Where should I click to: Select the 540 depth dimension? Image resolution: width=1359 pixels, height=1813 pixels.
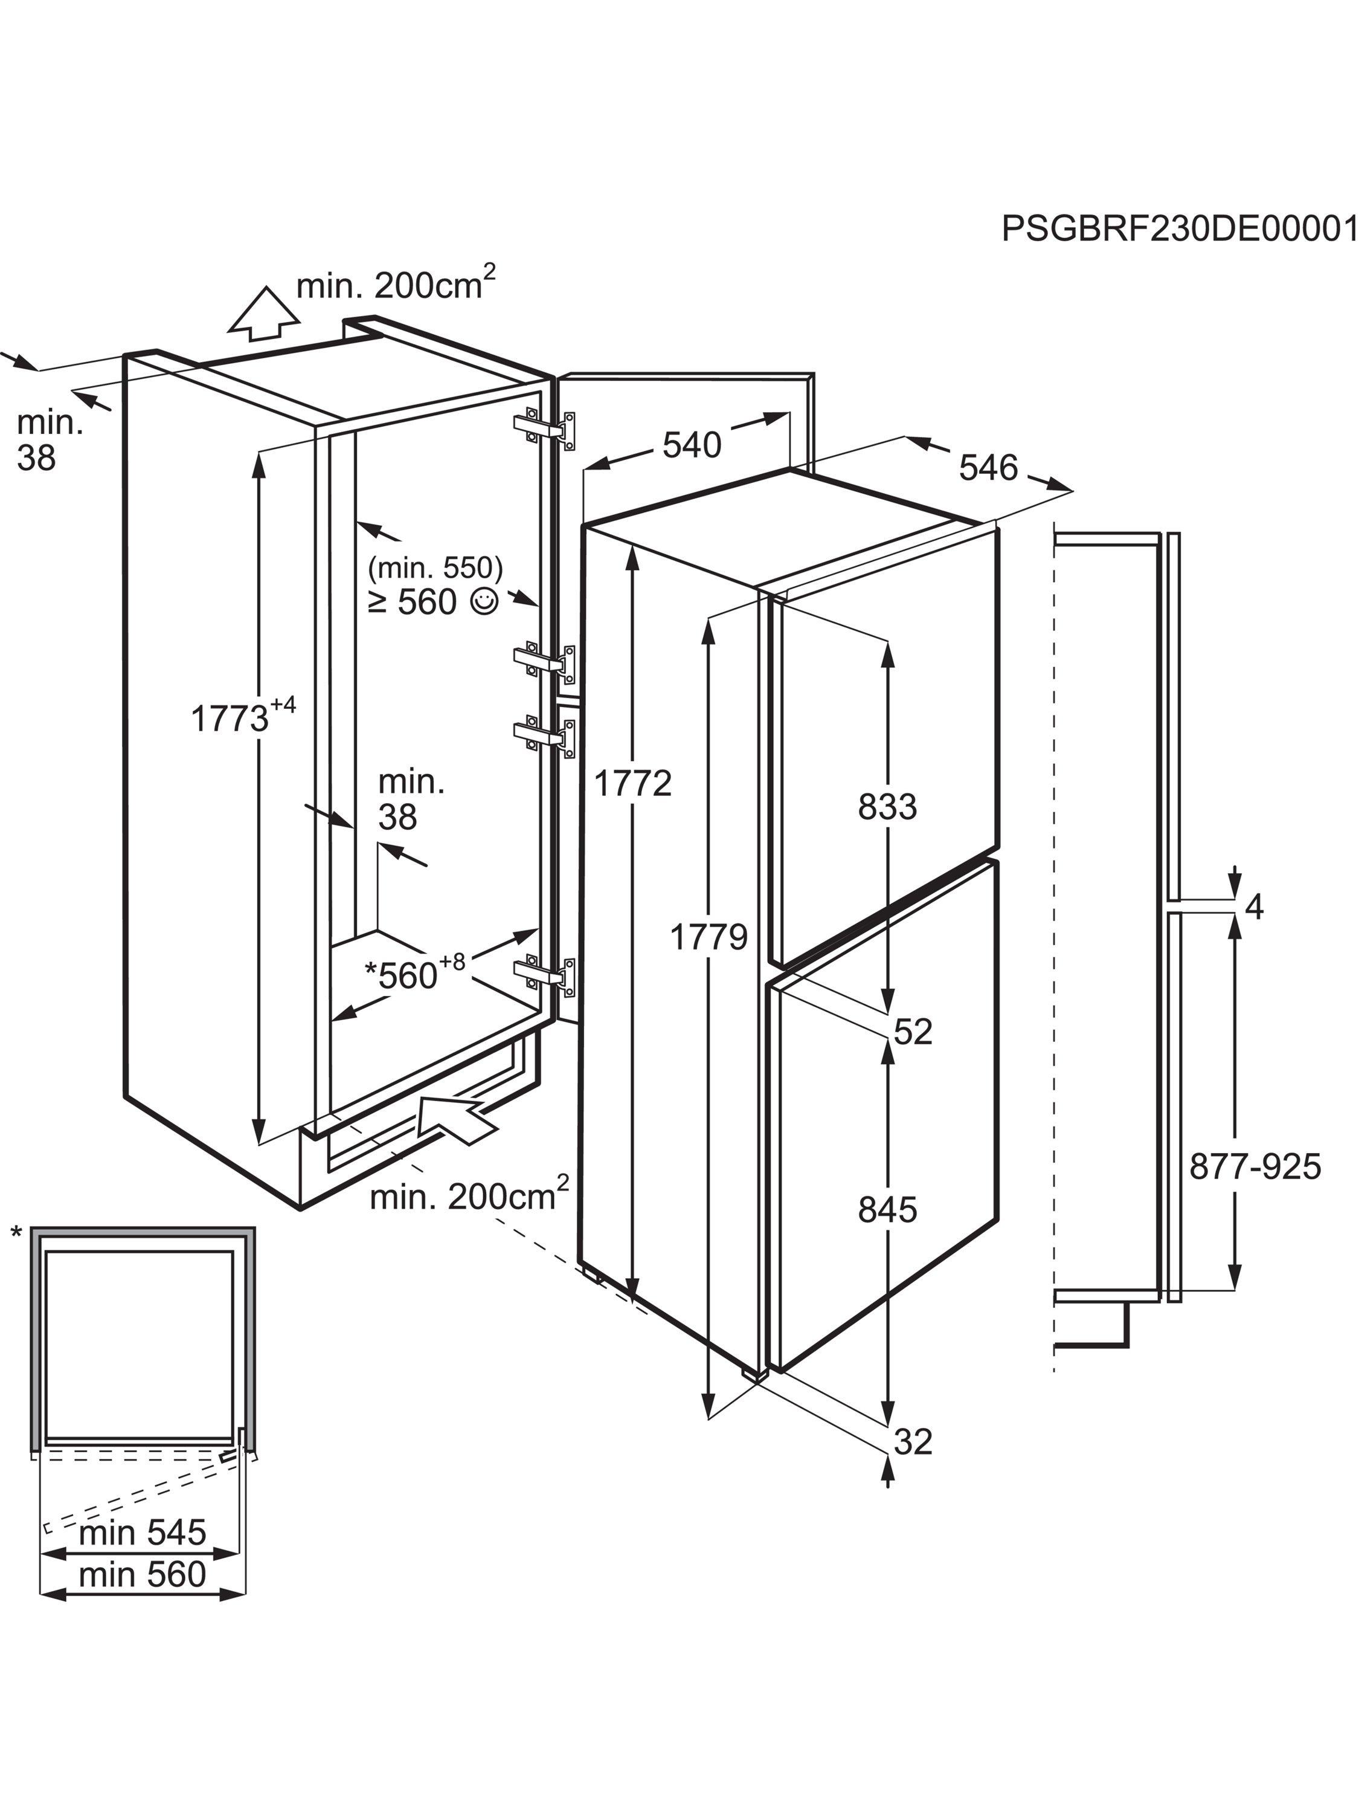click(692, 445)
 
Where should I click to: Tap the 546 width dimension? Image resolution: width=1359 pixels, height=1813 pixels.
click(988, 468)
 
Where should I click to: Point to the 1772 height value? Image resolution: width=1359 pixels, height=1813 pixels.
click(632, 784)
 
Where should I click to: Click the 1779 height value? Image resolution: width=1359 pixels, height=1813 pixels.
click(708, 936)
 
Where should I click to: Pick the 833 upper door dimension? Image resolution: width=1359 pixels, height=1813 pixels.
click(887, 807)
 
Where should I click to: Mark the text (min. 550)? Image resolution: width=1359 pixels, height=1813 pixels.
click(435, 567)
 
